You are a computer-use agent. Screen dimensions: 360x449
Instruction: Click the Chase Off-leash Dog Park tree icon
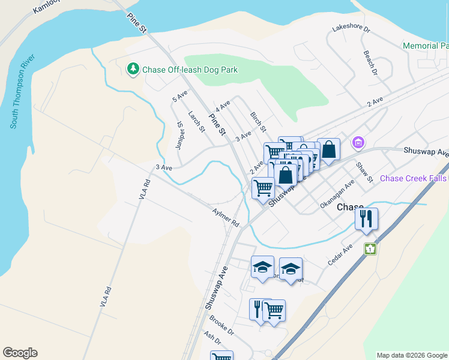(133, 70)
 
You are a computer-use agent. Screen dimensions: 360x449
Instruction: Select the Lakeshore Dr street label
(351, 29)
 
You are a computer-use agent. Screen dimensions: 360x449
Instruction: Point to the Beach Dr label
(369, 62)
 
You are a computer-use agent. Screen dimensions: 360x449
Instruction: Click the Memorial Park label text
(426, 46)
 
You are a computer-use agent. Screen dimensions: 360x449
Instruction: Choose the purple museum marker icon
(358, 143)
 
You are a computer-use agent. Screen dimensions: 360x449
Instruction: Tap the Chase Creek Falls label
(414, 178)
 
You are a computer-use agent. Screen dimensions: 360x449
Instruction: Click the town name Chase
(350, 207)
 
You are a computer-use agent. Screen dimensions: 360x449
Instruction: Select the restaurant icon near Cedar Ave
(366, 219)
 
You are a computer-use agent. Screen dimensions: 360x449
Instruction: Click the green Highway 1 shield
(370, 248)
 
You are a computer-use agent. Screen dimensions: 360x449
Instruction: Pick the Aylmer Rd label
(226, 218)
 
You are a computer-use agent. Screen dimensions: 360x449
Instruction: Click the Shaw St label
(364, 172)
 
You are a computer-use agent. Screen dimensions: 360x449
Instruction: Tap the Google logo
(20, 353)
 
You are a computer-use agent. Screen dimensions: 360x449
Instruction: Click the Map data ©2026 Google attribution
(411, 355)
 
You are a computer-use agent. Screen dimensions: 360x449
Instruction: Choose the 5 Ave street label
(179, 96)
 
